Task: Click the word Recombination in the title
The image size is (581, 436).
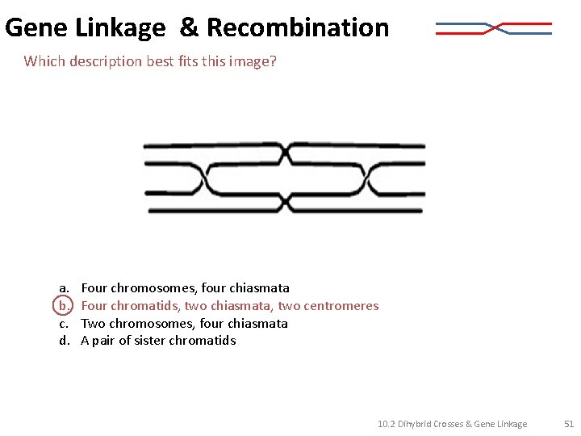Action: click(x=298, y=27)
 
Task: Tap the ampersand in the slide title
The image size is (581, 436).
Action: click(x=188, y=27)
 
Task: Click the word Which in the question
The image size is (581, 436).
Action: click(x=43, y=61)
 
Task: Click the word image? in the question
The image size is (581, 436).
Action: click(x=255, y=61)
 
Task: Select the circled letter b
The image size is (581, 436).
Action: click(x=62, y=305)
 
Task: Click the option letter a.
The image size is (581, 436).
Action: click(x=62, y=287)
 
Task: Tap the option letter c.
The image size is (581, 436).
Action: click(x=62, y=323)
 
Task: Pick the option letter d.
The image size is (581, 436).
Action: click(x=62, y=340)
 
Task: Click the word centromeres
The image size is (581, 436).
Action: click(x=341, y=305)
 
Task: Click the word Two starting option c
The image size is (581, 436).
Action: click(x=93, y=323)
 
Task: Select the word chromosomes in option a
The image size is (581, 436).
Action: click(x=149, y=287)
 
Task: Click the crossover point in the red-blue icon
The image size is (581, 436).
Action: click(x=494, y=29)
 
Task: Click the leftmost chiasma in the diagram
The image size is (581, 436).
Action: click(x=206, y=179)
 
